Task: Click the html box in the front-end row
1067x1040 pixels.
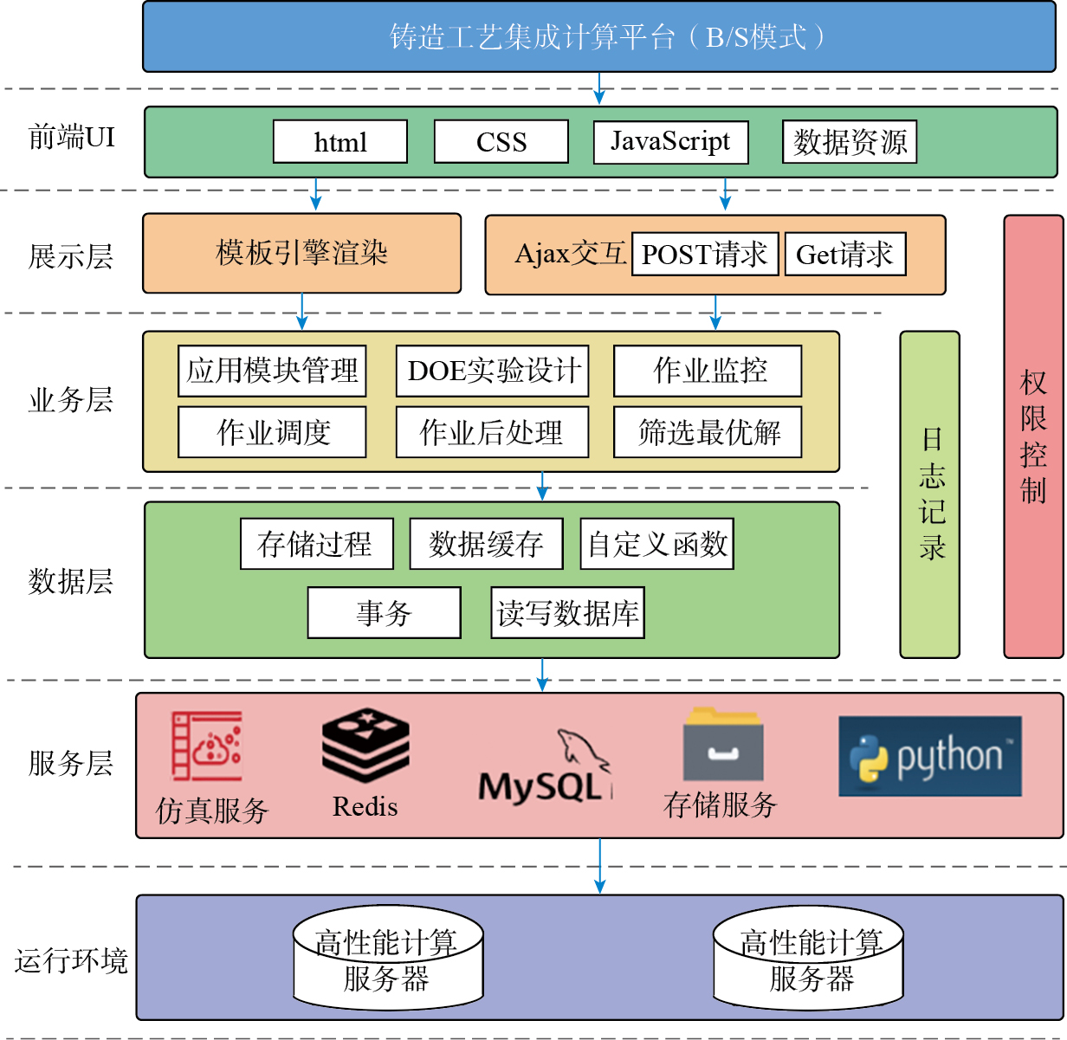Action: click(x=340, y=142)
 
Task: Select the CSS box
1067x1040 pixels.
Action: click(x=501, y=142)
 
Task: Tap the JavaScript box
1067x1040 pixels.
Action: click(x=670, y=142)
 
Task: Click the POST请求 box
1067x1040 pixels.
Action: click(x=705, y=254)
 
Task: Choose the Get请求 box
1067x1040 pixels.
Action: click(x=845, y=254)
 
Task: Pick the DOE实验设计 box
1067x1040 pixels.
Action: click(x=493, y=371)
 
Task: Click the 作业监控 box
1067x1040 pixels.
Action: click(x=708, y=371)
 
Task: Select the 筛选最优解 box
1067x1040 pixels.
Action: click(x=708, y=432)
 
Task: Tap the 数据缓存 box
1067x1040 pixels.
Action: click(x=486, y=544)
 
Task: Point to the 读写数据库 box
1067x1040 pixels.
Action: click(x=567, y=613)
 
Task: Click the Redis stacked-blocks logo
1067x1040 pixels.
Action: click(x=365, y=746)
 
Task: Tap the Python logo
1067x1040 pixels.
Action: click(x=929, y=756)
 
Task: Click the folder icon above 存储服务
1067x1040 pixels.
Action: click(x=722, y=746)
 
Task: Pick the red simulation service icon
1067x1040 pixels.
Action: click(x=207, y=746)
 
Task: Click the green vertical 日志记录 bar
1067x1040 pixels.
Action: click(x=930, y=494)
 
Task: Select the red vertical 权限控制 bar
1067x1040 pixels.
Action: click(x=1033, y=436)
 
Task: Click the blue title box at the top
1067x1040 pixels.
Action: click(x=598, y=36)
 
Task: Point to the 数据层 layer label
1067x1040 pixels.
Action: click(x=71, y=581)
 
